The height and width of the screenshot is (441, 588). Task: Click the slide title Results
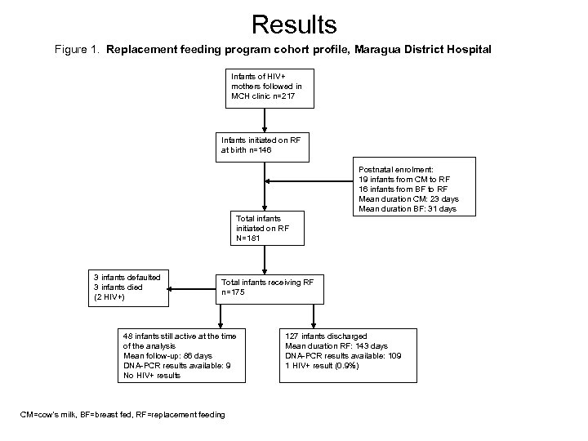pyautogui.click(x=294, y=24)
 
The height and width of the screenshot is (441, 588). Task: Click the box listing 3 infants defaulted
pyautogui.click(x=127, y=287)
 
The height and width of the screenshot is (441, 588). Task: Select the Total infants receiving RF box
pyautogui.click(x=269, y=287)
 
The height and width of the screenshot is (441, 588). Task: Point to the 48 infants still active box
pyautogui.click(x=178, y=355)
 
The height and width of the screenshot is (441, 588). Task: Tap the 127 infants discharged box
pyautogui.click(x=348, y=350)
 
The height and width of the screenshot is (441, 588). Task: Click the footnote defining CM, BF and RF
pyautogui.click(x=122, y=415)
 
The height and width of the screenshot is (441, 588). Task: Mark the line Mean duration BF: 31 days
pyautogui.click(x=408, y=209)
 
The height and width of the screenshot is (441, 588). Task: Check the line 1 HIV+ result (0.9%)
pyautogui.click(x=322, y=365)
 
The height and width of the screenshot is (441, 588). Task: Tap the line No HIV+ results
pyautogui.click(x=152, y=376)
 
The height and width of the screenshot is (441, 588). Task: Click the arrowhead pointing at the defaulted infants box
pyautogui.click(x=175, y=287)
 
